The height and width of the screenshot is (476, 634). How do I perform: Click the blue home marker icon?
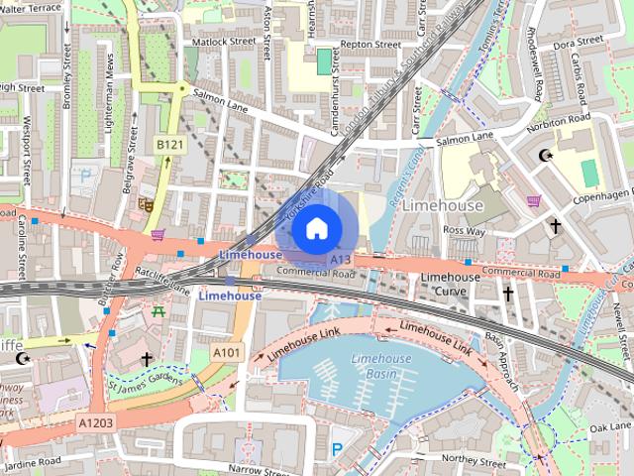pyautogui.click(x=316, y=230)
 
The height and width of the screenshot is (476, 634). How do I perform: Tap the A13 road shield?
pyautogui.click(x=341, y=260)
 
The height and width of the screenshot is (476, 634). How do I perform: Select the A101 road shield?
pyautogui.click(x=226, y=352)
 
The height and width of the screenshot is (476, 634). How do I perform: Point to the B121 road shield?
pyautogui.click(x=169, y=145)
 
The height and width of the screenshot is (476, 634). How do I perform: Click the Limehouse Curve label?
pyautogui.click(x=451, y=284)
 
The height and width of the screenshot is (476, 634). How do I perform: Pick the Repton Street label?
pyautogui.click(x=370, y=45)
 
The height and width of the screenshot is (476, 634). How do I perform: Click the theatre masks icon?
pyautogui.click(x=146, y=205)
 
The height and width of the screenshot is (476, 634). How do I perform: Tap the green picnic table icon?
pyautogui.click(x=158, y=311)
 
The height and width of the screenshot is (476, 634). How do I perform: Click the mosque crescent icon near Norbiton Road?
pyautogui.click(x=543, y=155)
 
